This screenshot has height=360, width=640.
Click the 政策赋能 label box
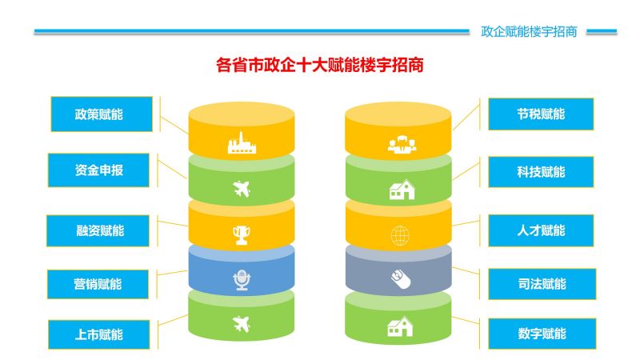102,114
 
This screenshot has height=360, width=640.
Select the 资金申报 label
98,170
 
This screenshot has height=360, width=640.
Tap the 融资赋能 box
98,230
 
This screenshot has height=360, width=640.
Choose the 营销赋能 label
98,284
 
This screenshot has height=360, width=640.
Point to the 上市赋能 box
98,334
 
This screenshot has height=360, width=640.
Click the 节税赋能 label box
541,114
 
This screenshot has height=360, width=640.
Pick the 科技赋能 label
541,172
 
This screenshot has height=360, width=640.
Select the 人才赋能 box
541,230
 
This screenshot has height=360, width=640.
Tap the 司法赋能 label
542,284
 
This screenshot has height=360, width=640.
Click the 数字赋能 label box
542,334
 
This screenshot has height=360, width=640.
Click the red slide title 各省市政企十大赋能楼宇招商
319,65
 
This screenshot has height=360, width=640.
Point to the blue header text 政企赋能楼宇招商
529,31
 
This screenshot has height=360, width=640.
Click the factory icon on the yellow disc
242,143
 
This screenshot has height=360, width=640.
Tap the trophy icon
242,235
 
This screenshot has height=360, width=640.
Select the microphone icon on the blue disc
242,280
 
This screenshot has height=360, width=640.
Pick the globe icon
400,235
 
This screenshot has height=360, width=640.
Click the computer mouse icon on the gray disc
401,279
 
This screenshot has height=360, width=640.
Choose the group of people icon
402,145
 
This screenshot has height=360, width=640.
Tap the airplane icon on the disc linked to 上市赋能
242,324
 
